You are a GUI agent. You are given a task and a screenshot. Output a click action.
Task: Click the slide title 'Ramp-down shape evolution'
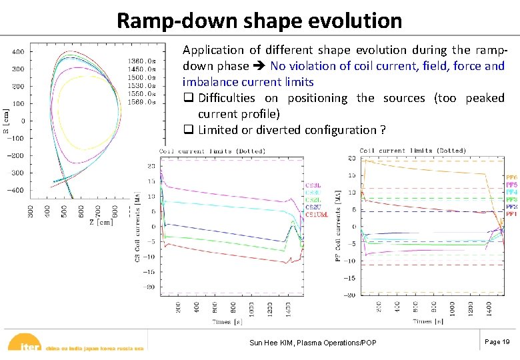pyautogui.click(x=259, y=20)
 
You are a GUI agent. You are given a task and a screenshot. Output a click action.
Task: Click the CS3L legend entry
pyautogui.click(x=313, y=185)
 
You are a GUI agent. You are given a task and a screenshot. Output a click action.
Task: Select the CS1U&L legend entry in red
pyautogui.click(x=317, y=215)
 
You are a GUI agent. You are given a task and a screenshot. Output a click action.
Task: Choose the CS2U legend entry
pyautogui.click(x=313, y=207)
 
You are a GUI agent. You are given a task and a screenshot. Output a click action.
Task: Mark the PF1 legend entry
pyautogui.click(x=511, y=215)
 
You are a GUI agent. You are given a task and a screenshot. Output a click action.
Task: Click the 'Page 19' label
pyautogui.click(x=497, y=341)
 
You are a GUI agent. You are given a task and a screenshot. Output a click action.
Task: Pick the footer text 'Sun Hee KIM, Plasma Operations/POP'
pyautogui.click(x=313, y=343)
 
